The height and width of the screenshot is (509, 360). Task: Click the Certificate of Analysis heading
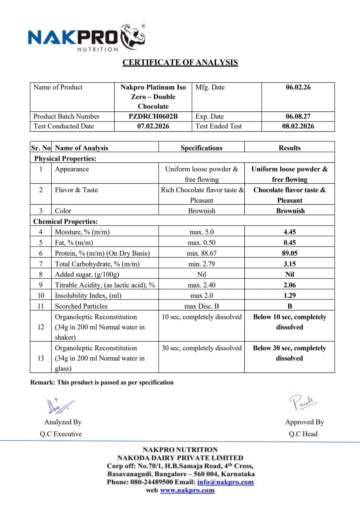(x=180, y=62)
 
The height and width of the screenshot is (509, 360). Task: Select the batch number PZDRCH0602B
(x=153, y=117)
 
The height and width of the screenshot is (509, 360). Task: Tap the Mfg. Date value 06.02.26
(x=298, y=87)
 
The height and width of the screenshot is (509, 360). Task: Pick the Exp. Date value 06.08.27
(x=298, y=117)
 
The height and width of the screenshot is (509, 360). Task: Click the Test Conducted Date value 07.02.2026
(x=153, y=126)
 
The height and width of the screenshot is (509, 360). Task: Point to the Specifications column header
(x=202, y=148)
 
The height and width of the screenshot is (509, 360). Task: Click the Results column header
(x=290, y=148)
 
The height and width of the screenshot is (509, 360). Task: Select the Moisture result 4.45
(x=290, y=232)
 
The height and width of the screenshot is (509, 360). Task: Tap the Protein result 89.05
(x=290, y=253)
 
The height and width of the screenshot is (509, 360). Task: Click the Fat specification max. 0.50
(x=202, y=243)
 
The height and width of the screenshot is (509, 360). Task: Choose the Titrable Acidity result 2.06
(x=290, y=285)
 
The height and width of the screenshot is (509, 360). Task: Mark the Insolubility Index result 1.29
(x=290, y=296)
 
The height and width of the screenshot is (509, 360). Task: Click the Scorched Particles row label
(x=81, y=306)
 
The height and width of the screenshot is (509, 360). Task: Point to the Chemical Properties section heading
(x=65, y=221)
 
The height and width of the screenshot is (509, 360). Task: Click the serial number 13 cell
(x=41, y=358)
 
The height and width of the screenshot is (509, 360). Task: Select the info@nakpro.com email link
(x=225, y=482)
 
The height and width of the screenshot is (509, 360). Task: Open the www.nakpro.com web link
(x=187, y=490)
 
